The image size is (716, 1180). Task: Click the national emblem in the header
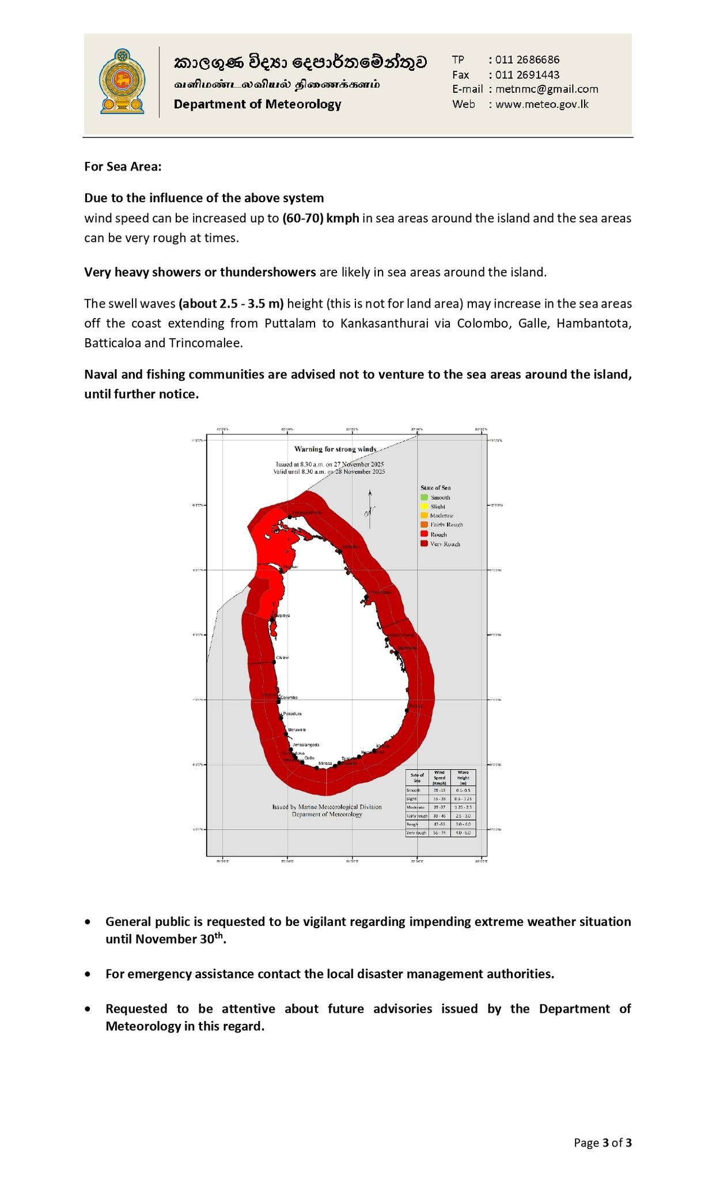click(122, 81)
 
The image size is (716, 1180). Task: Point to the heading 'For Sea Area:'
click(123, 167)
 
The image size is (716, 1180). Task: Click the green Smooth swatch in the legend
click(424, 497)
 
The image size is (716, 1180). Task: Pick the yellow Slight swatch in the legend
click(424, 506)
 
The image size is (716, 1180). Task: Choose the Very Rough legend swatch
click(424, 543)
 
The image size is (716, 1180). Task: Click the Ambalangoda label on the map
click(306, 744)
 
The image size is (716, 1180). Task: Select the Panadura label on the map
click(293, 713)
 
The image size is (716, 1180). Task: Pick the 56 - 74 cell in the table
click(440, 833)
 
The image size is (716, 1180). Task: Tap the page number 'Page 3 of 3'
click(603, 1143)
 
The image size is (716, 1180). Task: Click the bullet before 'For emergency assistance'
click(88, 974)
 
